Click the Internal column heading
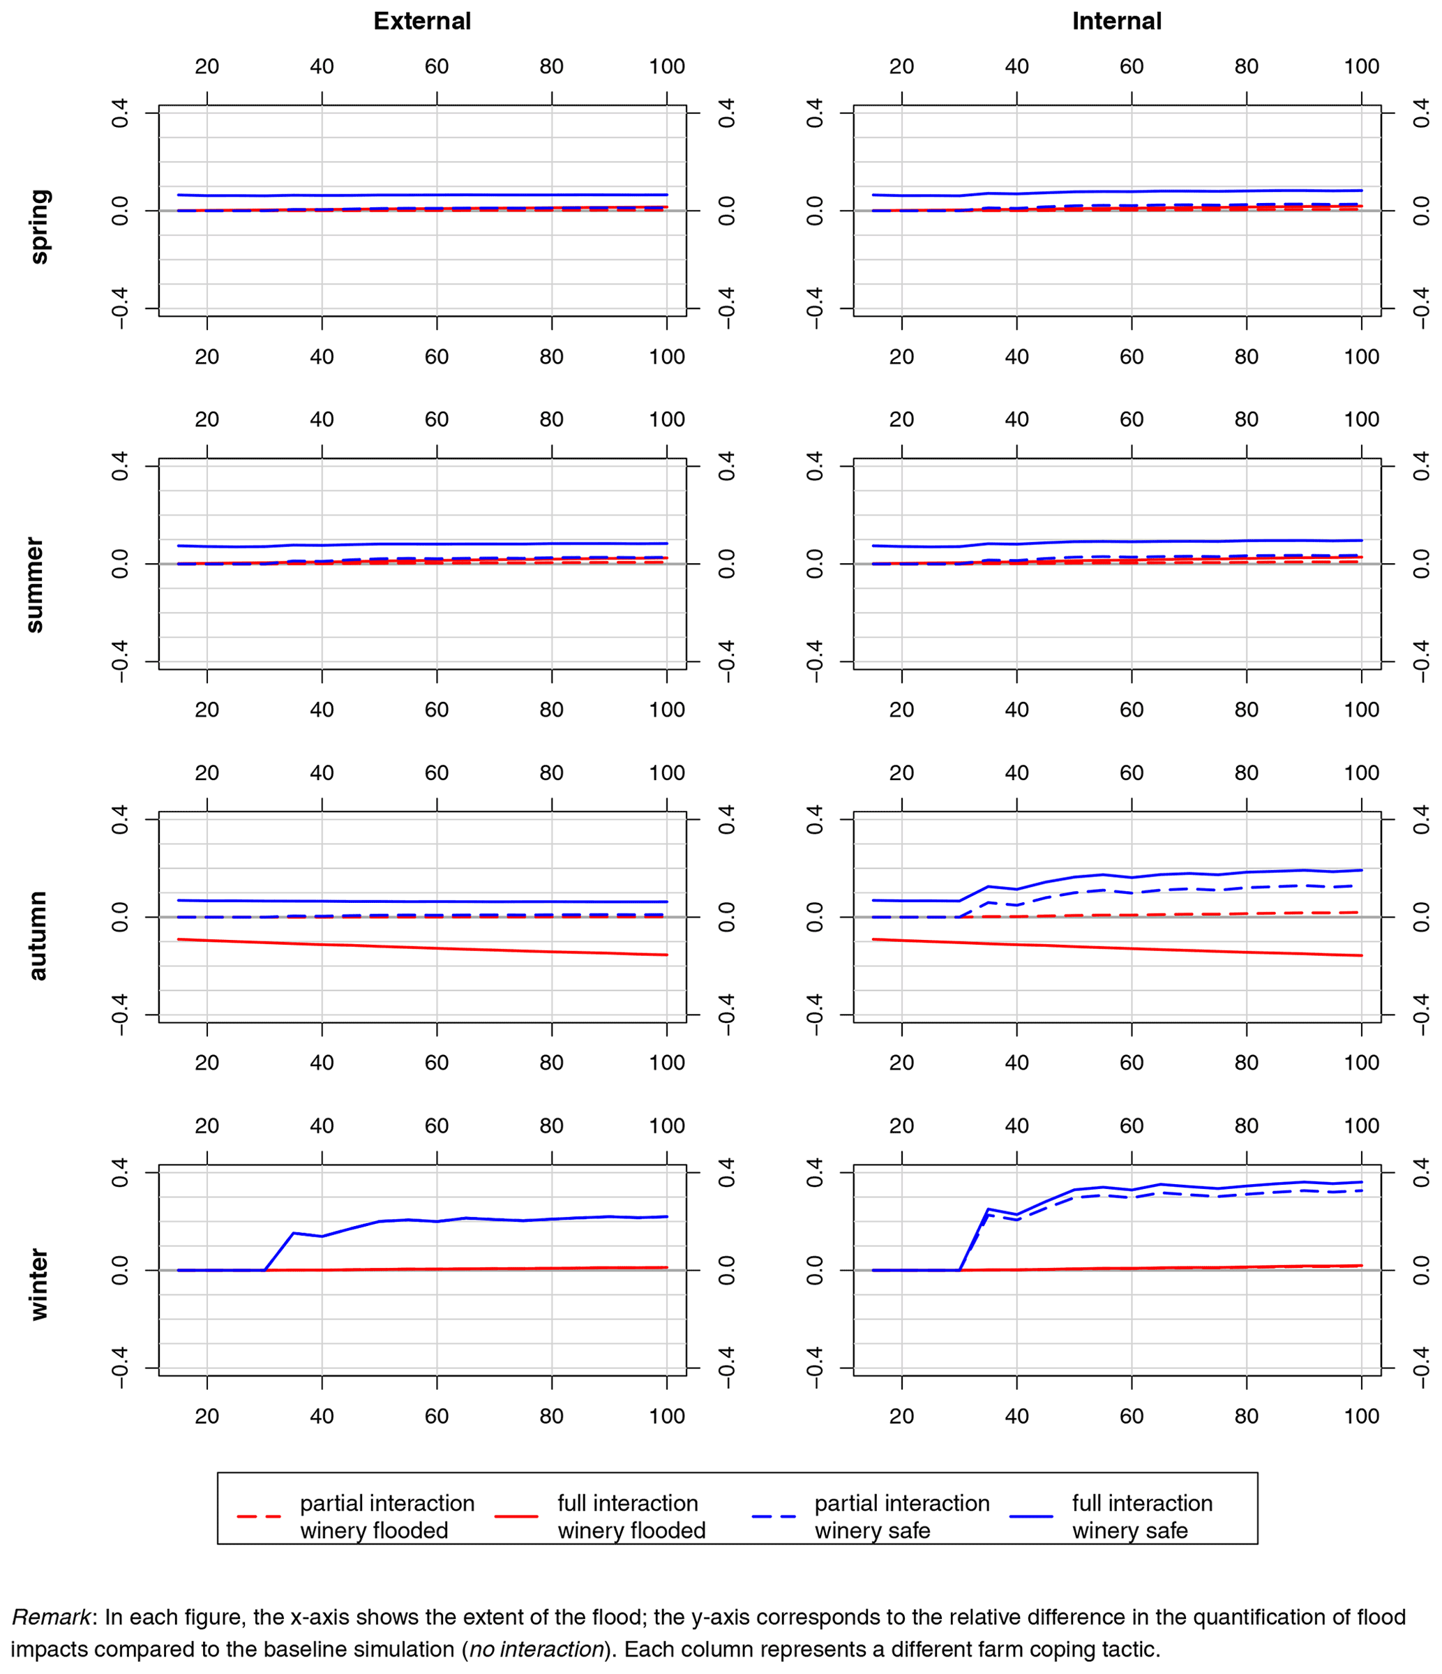[1116, 21]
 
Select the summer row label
[35, 584]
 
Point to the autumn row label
[37, 936]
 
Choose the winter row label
[38, 1285]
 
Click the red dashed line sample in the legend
[259, 1516]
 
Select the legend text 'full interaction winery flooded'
[631, 1516]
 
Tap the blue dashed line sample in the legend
[773, 1516]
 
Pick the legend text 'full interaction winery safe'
[1141, 1516]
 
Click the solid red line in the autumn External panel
[436, 948]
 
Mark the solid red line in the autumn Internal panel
[1131, 948]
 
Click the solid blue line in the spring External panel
[436, 195]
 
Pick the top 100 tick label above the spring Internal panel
[1360, 66]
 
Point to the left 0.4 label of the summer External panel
[119, 466]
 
